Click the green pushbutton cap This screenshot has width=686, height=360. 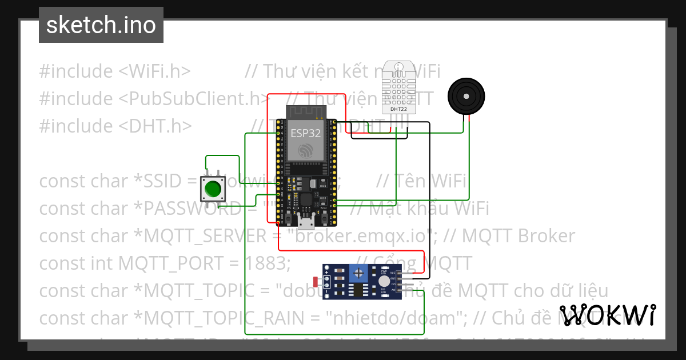(213, 189)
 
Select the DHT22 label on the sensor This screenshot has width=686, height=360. (398, 109)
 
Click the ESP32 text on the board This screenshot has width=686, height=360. (306, 134)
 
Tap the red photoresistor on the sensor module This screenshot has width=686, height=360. (316, 282)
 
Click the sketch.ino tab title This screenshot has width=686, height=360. (101, 25)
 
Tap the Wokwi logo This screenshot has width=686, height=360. (607, 315)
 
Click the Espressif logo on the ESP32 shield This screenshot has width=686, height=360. (306, 151)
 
